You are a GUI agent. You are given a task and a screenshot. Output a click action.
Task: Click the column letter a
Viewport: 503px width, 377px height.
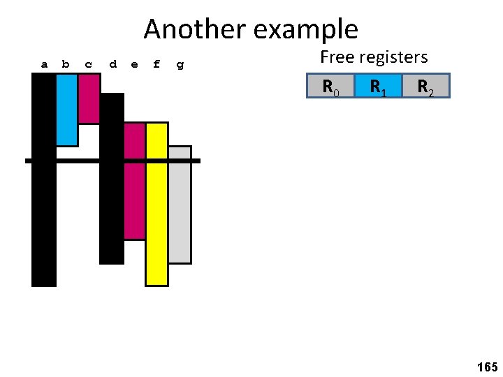coord(44,64)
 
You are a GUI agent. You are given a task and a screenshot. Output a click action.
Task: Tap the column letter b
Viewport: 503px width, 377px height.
coord(66,64)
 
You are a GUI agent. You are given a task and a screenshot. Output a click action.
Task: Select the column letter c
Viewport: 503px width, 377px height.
coord(88,64)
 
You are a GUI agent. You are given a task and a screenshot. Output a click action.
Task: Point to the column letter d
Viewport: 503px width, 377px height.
coord(112,64)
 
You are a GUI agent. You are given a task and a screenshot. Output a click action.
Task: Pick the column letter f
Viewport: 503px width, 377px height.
coord(156,64)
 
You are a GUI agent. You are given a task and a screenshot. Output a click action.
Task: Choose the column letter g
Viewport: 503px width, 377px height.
coord(180,65)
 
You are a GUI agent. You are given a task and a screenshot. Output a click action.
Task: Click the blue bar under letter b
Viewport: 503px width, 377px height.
coord(67,110)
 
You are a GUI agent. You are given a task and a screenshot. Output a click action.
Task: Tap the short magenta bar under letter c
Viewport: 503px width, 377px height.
coord(89,98)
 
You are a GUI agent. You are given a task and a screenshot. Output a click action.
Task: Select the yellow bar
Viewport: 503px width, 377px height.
coord(156,204)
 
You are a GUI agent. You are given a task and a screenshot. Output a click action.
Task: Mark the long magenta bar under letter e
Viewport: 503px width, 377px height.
coord(134,182)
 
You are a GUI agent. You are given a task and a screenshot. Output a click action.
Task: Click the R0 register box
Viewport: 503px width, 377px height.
coord(330,86)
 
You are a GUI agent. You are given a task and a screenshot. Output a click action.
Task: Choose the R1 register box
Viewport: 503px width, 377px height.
coord(378,86)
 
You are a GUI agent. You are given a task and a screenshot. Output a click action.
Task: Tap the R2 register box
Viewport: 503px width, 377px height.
coord(425,86)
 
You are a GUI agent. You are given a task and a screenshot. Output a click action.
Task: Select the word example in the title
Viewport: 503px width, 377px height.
coord(306,29)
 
